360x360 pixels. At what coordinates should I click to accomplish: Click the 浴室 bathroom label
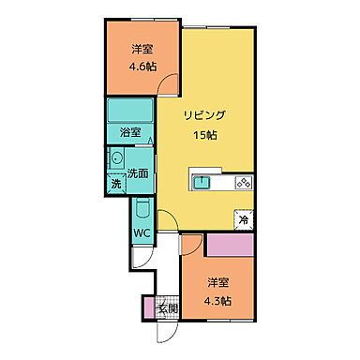131,132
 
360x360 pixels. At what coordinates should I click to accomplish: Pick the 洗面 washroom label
140,172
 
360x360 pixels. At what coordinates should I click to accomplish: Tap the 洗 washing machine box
116,184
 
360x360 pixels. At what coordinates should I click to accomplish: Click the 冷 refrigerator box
244,220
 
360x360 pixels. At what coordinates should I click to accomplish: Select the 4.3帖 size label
218,300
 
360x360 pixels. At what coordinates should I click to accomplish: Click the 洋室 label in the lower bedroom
218,282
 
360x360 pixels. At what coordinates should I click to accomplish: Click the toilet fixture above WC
142,212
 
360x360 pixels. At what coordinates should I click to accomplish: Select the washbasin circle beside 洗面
117,159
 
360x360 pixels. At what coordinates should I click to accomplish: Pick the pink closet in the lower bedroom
231,246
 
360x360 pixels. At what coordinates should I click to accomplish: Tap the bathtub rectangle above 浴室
131,111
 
